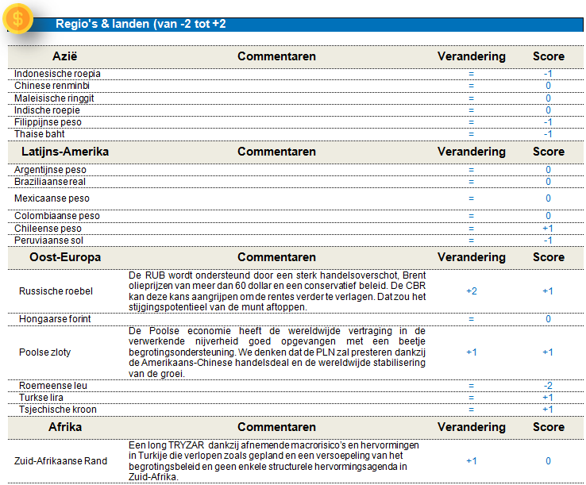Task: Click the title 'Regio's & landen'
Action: click(x=141, y=24)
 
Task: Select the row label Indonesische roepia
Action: click(x=57, y=74)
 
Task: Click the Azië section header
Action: click(x=65, y=56)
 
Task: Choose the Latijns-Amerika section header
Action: click(x=65, y=152)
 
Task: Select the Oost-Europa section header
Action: click(x=65, y=257)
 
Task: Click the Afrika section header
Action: click(x=65, y=427)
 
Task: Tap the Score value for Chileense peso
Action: click(x=548, y=228)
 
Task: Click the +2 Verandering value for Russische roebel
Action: click(x=471, y=291)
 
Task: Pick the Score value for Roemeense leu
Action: click(x=548, y=385)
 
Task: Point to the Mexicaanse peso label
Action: click(x=52, y=198)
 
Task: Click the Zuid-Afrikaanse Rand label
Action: click(x=62, y=460)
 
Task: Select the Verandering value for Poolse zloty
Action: click(x=471, y=352)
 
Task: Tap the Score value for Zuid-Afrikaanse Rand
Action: click(x=548, y=460)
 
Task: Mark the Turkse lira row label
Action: click(x=40, y=397)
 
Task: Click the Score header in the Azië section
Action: click(x=549, y=56)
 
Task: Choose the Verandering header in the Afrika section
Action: click(x=471, y=427)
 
